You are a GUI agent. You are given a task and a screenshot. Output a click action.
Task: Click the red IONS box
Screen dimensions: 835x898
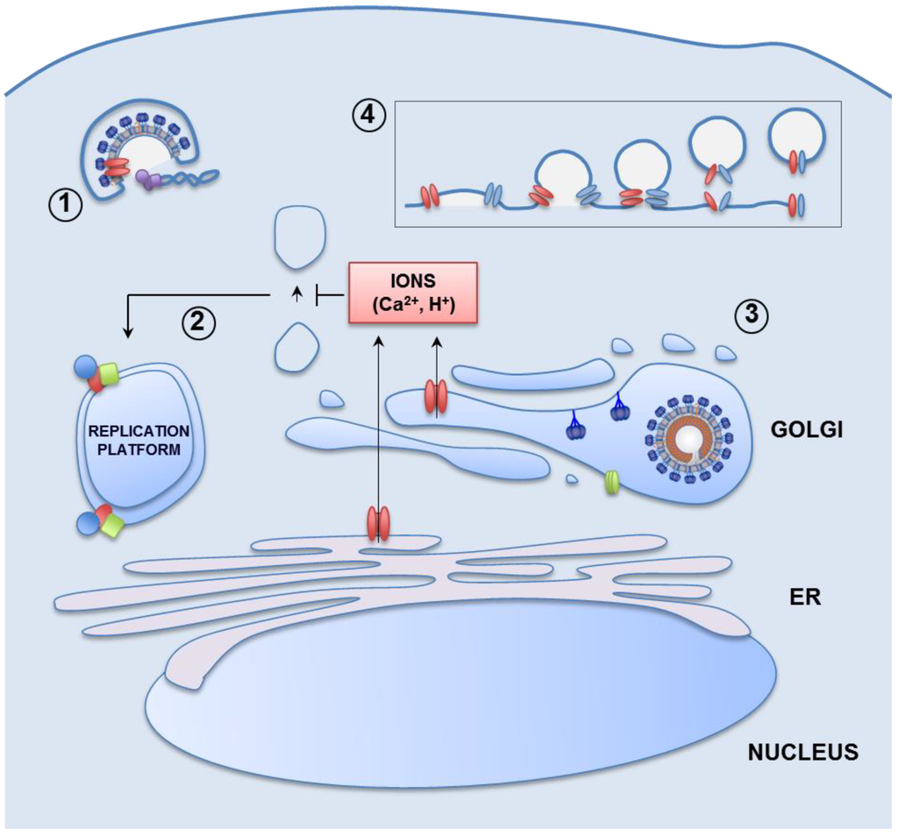point(412,293)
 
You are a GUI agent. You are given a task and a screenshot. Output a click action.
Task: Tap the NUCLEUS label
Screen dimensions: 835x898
point(802,752)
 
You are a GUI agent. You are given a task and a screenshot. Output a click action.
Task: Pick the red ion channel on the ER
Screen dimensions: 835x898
point(378,525)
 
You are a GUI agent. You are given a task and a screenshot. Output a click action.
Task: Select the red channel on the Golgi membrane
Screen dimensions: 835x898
point(436,396)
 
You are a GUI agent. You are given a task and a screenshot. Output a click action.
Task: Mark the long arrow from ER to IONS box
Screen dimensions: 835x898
point(378,421)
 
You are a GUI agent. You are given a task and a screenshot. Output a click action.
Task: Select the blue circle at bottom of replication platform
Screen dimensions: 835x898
point(87,525)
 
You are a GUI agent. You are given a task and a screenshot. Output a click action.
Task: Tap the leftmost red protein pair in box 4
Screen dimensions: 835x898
point(429,195)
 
